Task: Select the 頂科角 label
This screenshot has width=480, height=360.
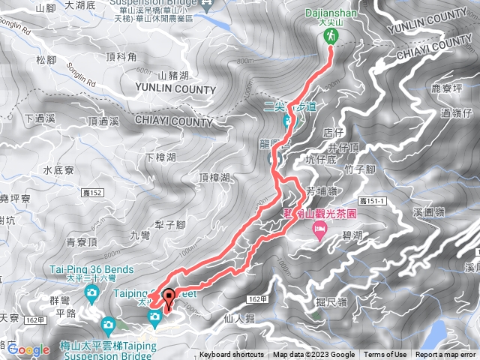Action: point(121,56)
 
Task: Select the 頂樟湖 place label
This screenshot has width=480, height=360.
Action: point(214,178)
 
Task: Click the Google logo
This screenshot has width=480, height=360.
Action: point(28,349)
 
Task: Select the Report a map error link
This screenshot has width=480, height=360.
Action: point(447,355)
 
